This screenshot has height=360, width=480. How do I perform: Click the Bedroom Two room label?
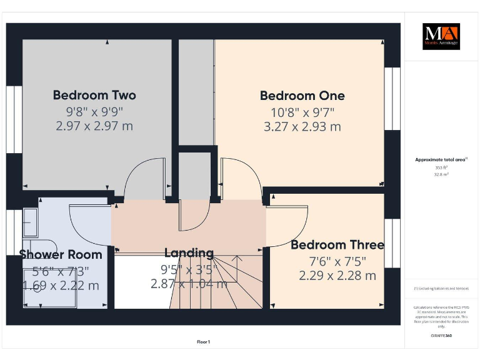tap(94, 96)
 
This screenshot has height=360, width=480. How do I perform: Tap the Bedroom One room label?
tap(302, 96)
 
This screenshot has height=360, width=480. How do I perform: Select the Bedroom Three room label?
tap(337, 244)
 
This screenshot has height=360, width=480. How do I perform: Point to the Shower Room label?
tap(61, 254)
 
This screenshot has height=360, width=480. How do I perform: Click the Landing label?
tap(189, 253)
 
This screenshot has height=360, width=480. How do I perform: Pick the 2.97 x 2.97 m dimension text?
tap(94, 126)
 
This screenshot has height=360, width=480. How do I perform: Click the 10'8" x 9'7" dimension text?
tap(302, 112)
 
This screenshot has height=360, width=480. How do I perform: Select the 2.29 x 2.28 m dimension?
tap(337, 276)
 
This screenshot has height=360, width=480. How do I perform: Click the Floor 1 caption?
tap(204, 342)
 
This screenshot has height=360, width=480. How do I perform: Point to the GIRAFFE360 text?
tap(441, 336)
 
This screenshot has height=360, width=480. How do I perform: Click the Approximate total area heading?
tap(441, 160)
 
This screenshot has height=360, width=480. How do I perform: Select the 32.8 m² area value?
tap(441, 175)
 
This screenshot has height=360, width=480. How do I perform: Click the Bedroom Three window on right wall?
tap(392, 237)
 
